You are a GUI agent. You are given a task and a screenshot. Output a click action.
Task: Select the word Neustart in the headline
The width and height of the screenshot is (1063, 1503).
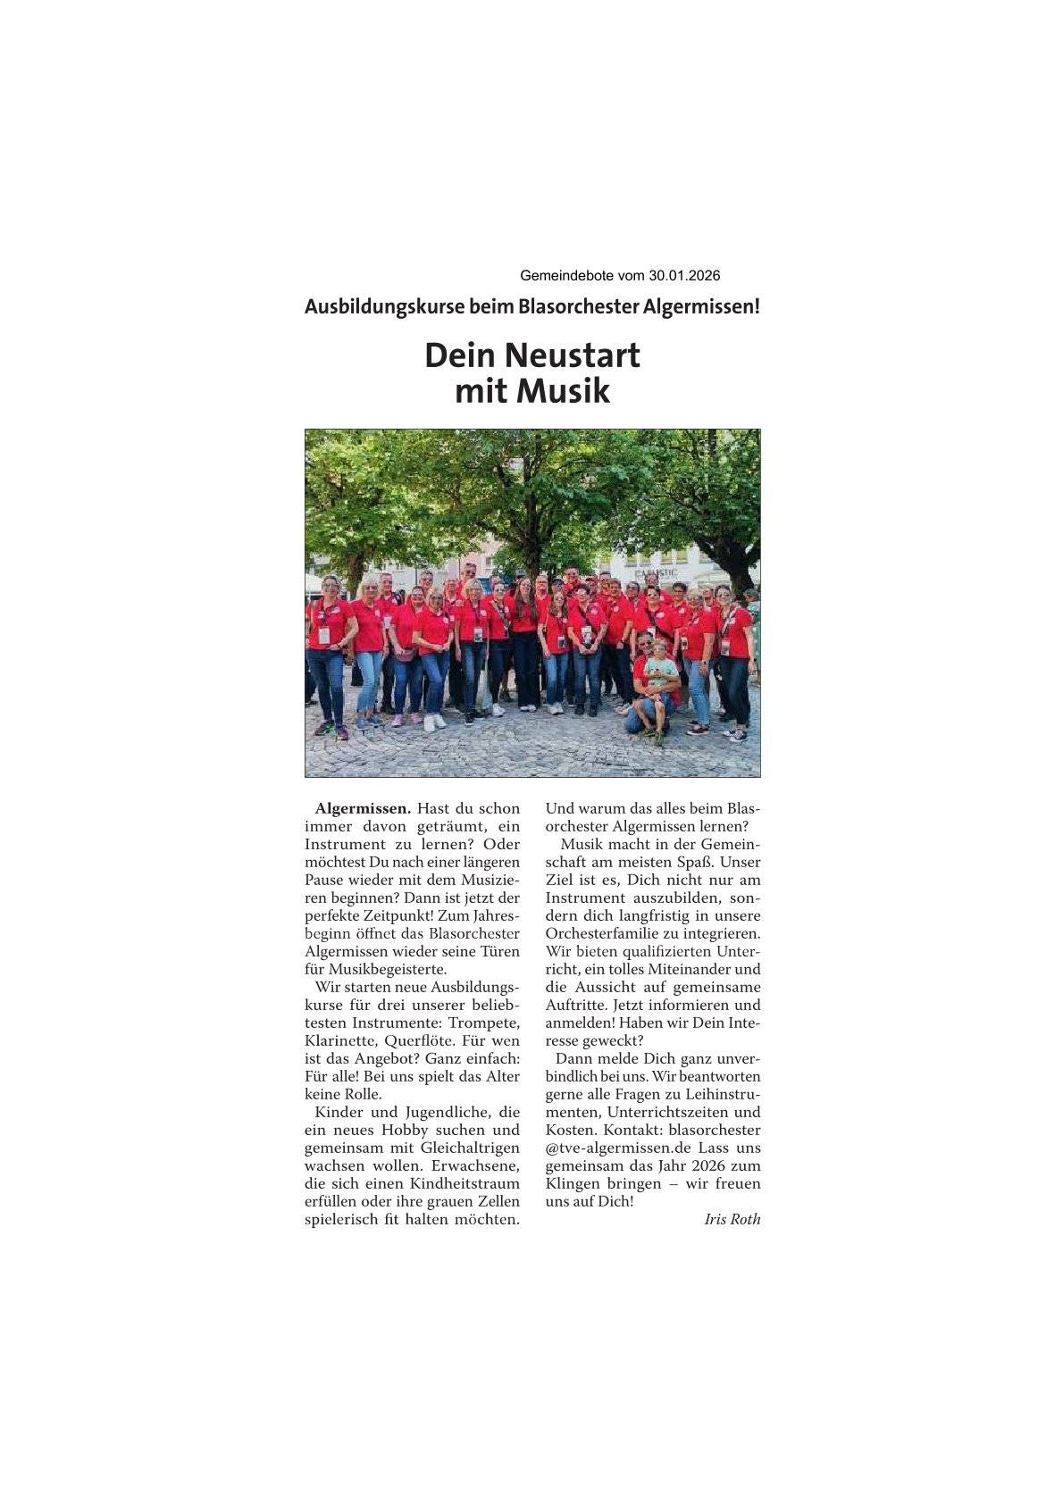[573, 355]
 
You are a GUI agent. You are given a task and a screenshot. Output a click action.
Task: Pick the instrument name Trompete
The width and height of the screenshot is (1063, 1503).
[486, 1023]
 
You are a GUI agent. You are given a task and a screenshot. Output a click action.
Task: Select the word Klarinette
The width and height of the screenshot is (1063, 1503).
[341, 1040]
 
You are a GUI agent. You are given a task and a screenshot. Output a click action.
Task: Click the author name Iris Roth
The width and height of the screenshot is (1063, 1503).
[732, 1220]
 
